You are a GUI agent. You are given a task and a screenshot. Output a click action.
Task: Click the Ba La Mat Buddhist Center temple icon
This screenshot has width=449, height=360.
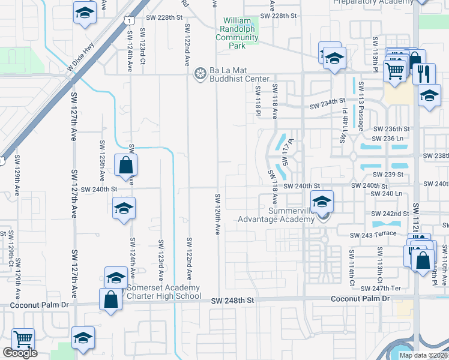[x=200, y=74]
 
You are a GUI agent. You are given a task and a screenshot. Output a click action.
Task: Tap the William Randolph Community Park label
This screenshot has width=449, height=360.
[x=240, y=29]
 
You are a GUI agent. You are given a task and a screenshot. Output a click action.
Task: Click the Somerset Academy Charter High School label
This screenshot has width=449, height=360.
[x=163, y=291]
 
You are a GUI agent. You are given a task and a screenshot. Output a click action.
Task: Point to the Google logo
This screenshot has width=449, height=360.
[x=20, y=353]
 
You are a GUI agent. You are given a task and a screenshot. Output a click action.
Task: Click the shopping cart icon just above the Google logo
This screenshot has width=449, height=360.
[x=23, y=339]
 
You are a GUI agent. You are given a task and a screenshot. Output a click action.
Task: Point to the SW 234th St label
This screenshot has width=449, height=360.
[x=328, y=106]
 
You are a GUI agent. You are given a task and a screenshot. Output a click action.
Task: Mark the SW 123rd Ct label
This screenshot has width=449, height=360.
[x=143, y=46]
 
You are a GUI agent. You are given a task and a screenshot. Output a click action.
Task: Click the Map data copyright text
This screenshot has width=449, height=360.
[x=423, y=355]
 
